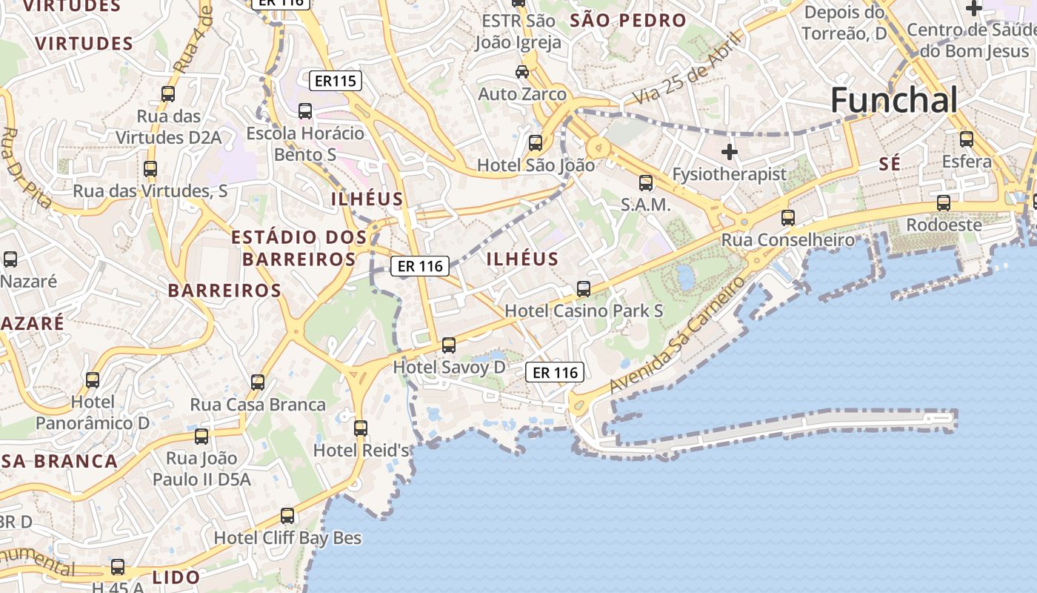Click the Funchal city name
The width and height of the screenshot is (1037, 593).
(894, 100)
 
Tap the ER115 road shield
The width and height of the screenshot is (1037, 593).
(335, 81)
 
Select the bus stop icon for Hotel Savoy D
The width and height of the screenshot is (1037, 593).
(449, 345)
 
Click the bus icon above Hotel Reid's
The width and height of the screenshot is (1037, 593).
(361, 428)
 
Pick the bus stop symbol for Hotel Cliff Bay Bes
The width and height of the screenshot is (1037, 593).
(287, 515)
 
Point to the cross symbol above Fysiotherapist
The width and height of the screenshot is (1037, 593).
(730, 152)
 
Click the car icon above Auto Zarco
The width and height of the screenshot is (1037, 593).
(522, 72)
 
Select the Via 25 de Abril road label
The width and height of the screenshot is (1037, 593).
(687, 68)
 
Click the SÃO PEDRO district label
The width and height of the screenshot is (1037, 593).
(628, 21)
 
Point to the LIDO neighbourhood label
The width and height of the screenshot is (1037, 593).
(176, 577)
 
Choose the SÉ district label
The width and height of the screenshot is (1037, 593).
(890, 164)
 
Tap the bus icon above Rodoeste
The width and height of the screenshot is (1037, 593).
(944, 202)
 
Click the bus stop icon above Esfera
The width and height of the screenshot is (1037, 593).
(967, 139)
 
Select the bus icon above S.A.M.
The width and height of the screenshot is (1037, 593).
(646, 182)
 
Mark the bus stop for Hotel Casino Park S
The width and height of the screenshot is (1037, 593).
(584, 288)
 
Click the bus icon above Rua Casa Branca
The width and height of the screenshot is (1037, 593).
(258, 382)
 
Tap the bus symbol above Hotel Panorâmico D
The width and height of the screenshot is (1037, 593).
(93, 380)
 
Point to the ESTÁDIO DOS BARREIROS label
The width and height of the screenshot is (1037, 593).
(299, 248)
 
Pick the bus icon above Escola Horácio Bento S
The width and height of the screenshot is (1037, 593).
(305, 111)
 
